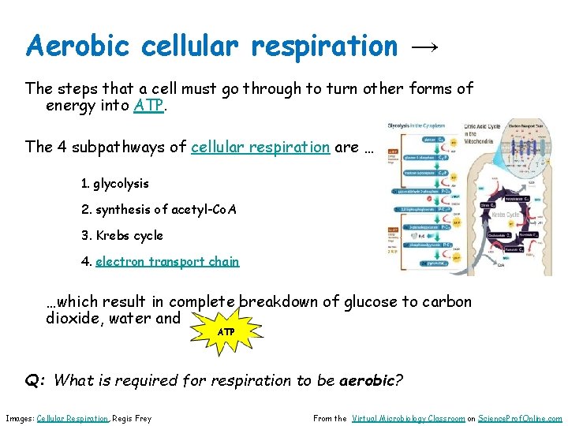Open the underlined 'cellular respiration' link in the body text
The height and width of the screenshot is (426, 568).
click(x=260, y=147)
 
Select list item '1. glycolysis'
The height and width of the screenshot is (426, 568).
click(x=114, y=184)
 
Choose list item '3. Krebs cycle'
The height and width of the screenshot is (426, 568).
click(x=121, y=236)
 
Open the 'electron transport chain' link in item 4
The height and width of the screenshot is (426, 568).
click(x=167, y=262)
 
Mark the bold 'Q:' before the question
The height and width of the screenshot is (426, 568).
click(x=35, y=380)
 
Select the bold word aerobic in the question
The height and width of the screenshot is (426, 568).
click(x=367, y=380)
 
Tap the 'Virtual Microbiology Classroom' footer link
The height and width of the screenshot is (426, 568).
click(x=408, y=419)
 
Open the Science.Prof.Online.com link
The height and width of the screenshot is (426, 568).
click(x=520, y=419)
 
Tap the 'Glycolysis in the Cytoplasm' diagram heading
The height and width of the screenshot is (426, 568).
click(x=418, y=126)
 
